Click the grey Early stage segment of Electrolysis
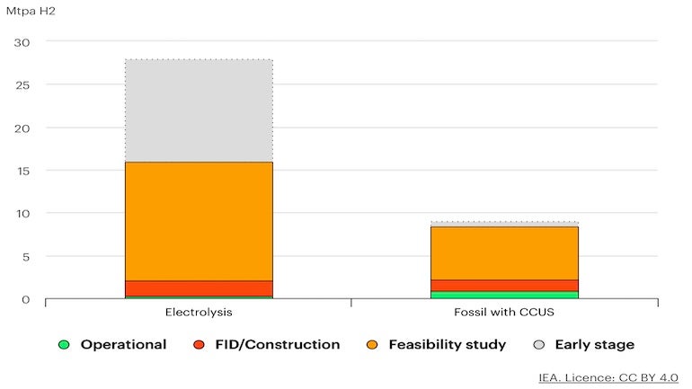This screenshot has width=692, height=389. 199,111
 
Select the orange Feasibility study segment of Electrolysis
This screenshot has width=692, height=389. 199,221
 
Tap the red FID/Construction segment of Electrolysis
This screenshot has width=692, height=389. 199,288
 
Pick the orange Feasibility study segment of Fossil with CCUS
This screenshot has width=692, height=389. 504,252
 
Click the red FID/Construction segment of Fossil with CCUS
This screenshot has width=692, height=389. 504,286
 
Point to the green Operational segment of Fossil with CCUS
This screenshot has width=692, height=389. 504,295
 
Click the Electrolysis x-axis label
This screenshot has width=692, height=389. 199,313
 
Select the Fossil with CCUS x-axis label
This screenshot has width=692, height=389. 504,313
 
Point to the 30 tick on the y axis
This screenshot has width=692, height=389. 22,42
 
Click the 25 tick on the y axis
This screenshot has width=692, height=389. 22,85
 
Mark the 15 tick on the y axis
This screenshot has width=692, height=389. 22,171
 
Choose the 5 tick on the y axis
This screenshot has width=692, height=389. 26,256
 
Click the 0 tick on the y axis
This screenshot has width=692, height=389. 26,299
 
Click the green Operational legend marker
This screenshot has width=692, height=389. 63,345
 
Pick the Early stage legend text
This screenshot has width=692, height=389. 594,345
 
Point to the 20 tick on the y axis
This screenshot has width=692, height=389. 22,128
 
